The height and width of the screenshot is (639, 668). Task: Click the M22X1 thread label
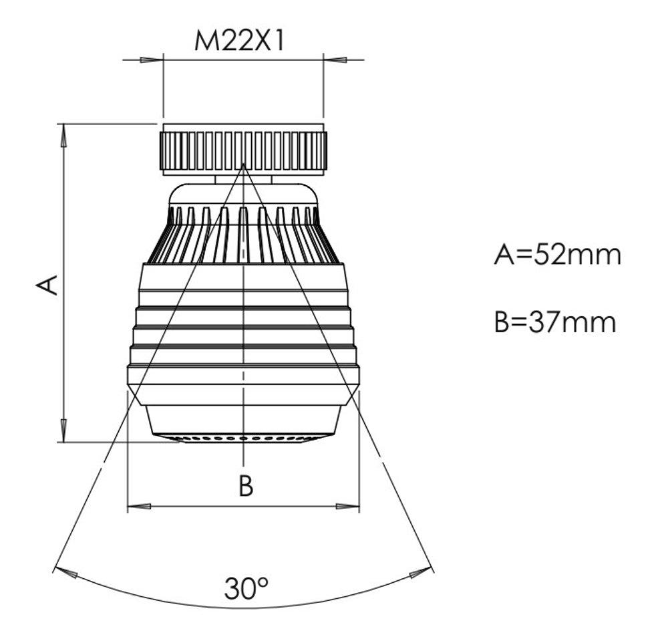(238, 41)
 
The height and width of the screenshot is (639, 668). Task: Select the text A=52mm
(557, 255)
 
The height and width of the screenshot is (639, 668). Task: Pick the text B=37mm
(555, 322)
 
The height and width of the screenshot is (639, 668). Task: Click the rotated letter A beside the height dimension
(47, 285)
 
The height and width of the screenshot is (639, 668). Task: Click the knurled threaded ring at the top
(243, 149)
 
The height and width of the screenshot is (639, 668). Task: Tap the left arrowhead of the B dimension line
(140, 507)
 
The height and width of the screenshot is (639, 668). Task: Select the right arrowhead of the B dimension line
(348, 507)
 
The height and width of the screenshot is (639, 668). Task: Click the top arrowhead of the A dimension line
(63, 136)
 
